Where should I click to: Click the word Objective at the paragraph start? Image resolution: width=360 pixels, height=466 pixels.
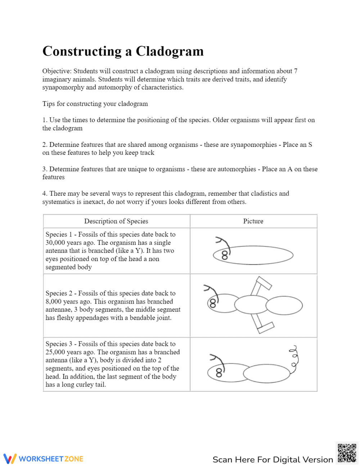(x=57, y=71)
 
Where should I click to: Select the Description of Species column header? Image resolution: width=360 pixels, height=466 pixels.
(x=116, y=221)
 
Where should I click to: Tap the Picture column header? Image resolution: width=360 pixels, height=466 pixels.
(x=253, y=221)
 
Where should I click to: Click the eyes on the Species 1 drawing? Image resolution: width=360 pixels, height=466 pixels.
(x=225, y=255)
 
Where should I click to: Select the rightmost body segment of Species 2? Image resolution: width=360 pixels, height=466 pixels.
(x=284, y=306)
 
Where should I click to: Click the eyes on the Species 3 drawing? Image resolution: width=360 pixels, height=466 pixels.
(x=219, y=373)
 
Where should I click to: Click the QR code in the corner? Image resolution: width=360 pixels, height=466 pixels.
(x=347, y=453)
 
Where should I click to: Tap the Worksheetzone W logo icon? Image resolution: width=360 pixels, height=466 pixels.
(x=10, y=458)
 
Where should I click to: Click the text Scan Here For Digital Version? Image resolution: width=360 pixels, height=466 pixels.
(x=273, y=460)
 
